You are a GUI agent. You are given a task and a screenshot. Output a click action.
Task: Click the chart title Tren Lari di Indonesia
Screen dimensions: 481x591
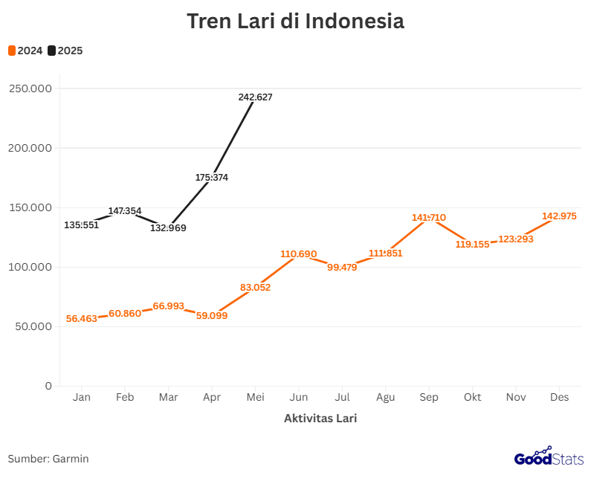point(295,21)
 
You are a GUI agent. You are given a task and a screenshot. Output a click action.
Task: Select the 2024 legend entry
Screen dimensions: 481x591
point(25,51)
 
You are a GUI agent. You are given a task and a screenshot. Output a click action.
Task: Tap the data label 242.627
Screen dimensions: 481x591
point(256,97)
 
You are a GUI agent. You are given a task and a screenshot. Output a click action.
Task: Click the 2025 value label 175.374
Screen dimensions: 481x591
point(212,178)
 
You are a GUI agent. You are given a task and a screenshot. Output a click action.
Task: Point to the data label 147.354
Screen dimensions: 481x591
point(125,211)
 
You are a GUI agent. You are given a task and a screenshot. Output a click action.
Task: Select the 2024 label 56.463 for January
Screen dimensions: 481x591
point(82,318)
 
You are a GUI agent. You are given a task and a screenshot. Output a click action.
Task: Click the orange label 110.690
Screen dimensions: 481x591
point(299,254)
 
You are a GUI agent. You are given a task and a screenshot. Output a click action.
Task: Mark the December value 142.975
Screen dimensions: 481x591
point(559,216)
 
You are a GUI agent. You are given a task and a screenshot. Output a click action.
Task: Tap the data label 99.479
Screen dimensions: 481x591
point(342,268)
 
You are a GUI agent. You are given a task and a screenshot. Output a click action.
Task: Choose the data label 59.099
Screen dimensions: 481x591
point(212,315)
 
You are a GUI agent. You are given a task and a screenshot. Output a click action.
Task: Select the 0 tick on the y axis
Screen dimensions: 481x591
point(48,386)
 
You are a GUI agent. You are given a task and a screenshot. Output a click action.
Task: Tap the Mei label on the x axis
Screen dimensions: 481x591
point(255,398)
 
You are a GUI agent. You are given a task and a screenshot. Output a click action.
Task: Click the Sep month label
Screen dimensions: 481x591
point(429,398)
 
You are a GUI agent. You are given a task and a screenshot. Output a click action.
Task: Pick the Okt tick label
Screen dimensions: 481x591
point(472,398)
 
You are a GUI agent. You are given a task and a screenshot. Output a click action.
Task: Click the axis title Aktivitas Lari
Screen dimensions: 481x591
point(320,419)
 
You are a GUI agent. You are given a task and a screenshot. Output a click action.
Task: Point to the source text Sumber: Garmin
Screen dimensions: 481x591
point(48,459)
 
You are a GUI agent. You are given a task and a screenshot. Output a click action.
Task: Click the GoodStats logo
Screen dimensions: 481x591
point(549,457)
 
